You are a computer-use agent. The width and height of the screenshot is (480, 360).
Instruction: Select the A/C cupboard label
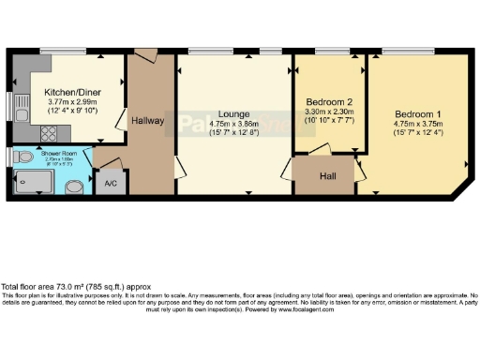111,183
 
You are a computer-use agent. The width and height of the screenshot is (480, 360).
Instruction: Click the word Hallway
148,121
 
